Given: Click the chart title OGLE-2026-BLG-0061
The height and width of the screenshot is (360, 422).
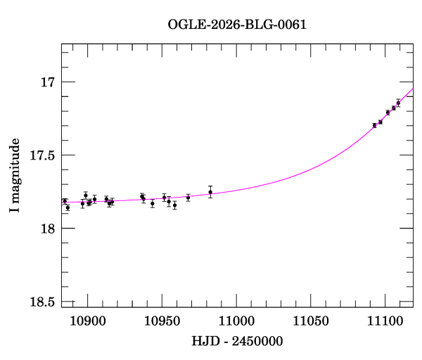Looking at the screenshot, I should click(237, 25).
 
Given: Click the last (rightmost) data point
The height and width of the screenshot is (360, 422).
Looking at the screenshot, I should click(398, 103).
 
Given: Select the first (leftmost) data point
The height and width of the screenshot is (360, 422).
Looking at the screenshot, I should click(65, 201).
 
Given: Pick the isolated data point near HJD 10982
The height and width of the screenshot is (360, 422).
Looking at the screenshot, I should click(210, 192).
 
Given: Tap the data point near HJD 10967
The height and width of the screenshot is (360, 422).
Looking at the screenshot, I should click(188, 198).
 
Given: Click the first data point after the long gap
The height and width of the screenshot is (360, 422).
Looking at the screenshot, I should click(374, 125).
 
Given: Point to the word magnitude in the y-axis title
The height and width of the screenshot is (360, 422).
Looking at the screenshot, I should click(15, 180).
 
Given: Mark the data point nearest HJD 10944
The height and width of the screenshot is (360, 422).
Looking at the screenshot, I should click(152, 203).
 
